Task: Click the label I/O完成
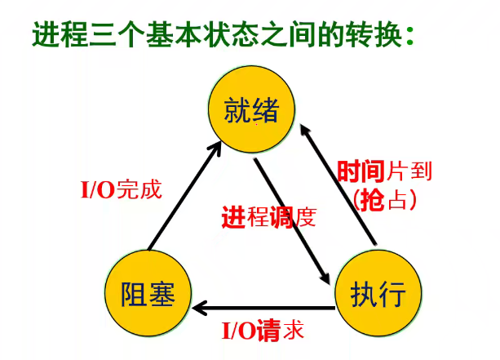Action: click(121, 191)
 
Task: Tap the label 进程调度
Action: click(268, 218)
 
